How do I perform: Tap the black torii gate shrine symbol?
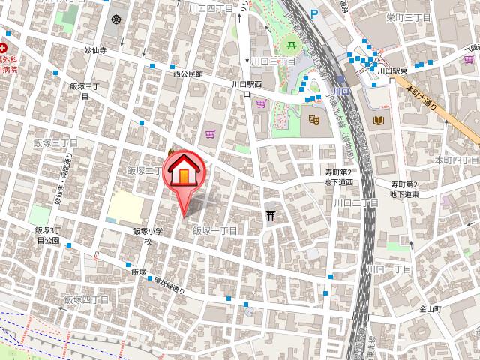271,216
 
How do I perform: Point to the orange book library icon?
378,120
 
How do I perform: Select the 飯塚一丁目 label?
215,231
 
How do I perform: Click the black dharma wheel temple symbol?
116,19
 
